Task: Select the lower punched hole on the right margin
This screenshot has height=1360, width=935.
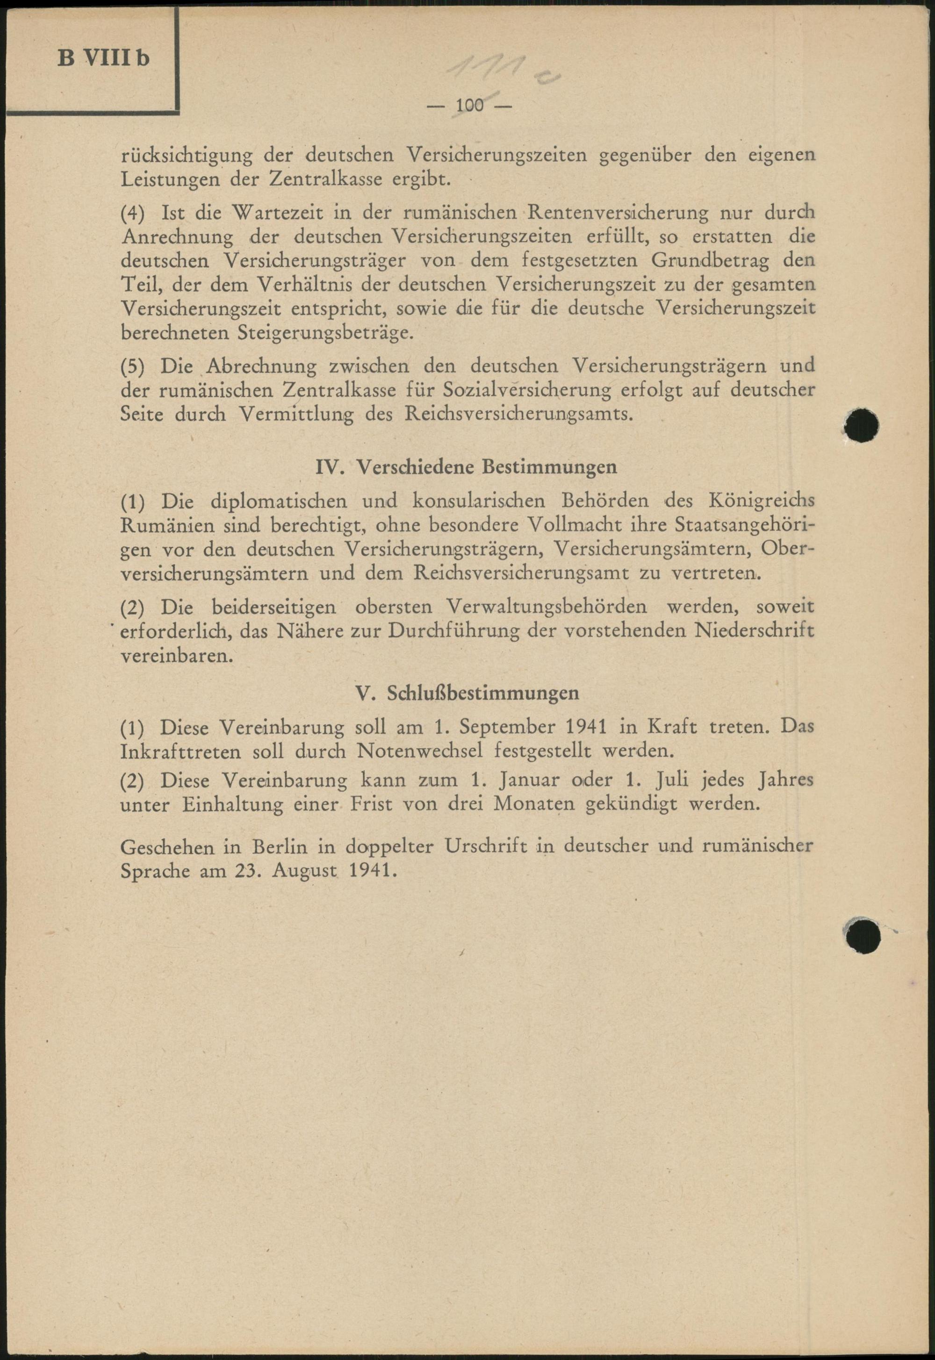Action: point(863,935)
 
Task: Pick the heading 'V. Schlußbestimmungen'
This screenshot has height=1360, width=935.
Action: point(467,693)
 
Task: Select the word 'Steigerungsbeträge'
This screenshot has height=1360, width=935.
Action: point(324,333)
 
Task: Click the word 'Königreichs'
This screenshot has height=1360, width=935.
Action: point(761,501)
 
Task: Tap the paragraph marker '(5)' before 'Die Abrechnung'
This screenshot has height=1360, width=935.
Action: point(132,367)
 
